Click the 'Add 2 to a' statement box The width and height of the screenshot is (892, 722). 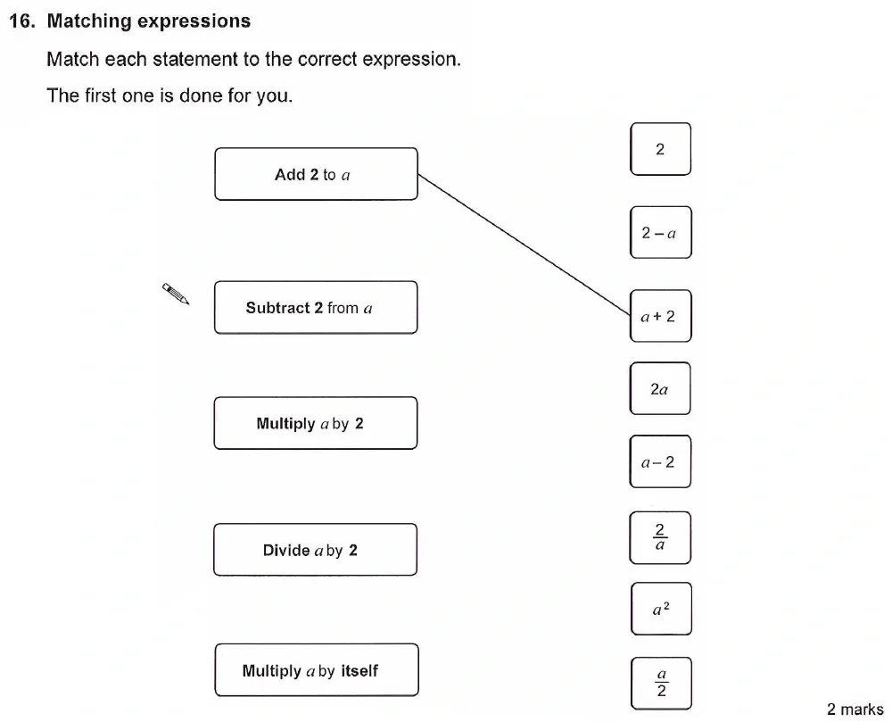tap(316, 174)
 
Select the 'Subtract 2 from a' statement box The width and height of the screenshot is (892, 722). tap(316, 308)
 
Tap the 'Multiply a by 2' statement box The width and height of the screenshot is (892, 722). tap(316, 423)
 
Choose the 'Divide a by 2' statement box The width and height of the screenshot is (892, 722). tap(316, 550)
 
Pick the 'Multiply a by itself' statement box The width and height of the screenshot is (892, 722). tap(316, 669)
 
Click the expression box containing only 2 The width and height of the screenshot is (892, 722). tap(660, 149)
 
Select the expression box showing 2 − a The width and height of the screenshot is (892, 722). tap(660, 233)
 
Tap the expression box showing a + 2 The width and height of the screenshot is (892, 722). tap(660, 316)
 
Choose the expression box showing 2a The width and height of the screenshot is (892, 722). tap(660, 389)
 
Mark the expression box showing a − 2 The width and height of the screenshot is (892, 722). tap(660, 461)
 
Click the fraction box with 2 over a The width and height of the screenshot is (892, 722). tap(660, 537)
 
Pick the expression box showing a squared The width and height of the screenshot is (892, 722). tap(660, 610)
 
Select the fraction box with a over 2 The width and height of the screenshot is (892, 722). tap(661, 684)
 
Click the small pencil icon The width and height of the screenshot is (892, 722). tap(176, 294)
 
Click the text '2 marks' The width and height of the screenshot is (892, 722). tap(855, 710)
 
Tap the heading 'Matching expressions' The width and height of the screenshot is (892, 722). tap(148, 21)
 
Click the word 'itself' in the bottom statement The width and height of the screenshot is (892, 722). tap(359, 670)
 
